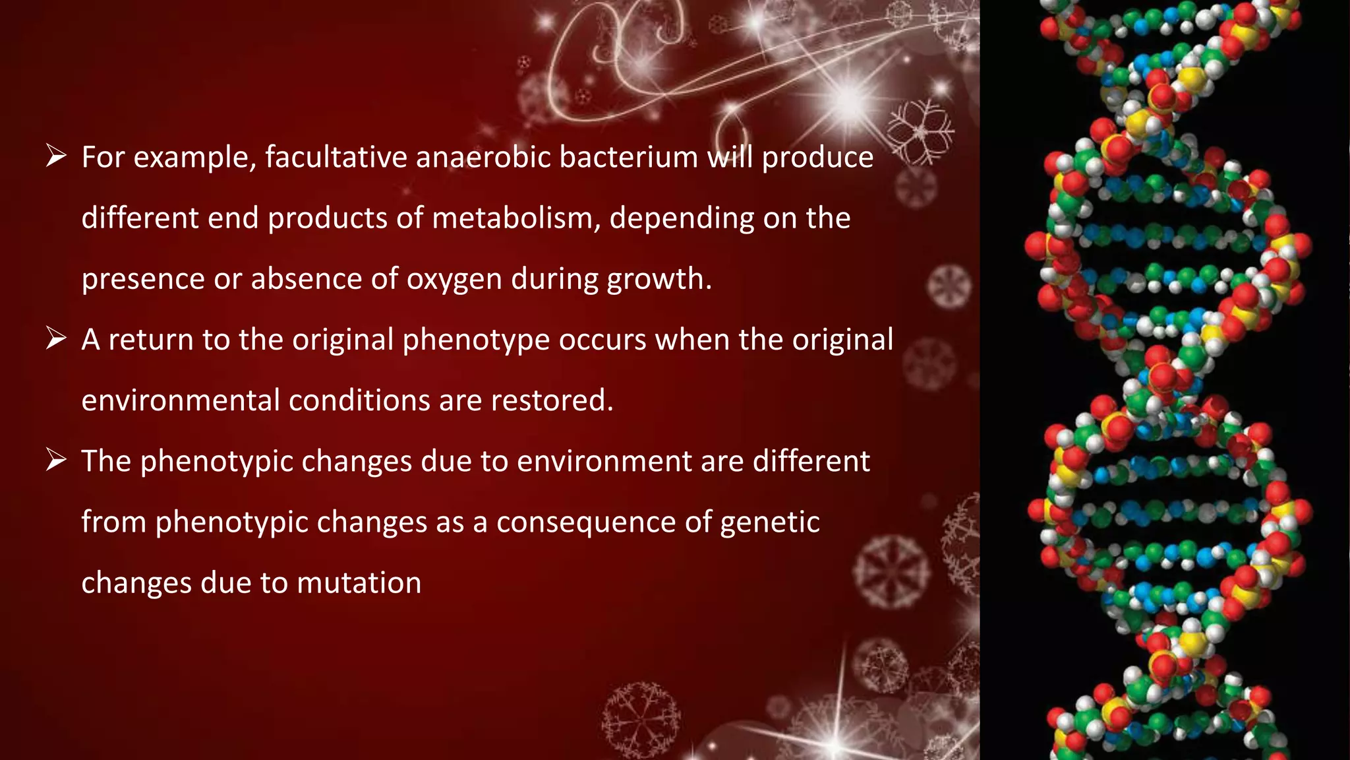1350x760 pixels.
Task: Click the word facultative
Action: (x=336, y=158)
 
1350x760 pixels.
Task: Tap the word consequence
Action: (x=586, y=522)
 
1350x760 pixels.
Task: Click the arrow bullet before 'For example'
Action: (x=56, y=156)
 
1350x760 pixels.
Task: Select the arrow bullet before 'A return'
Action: (x=56, y=338)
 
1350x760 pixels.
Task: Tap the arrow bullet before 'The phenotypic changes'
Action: (x=56, y=460)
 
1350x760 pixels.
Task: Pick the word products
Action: (x=327, y=218)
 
